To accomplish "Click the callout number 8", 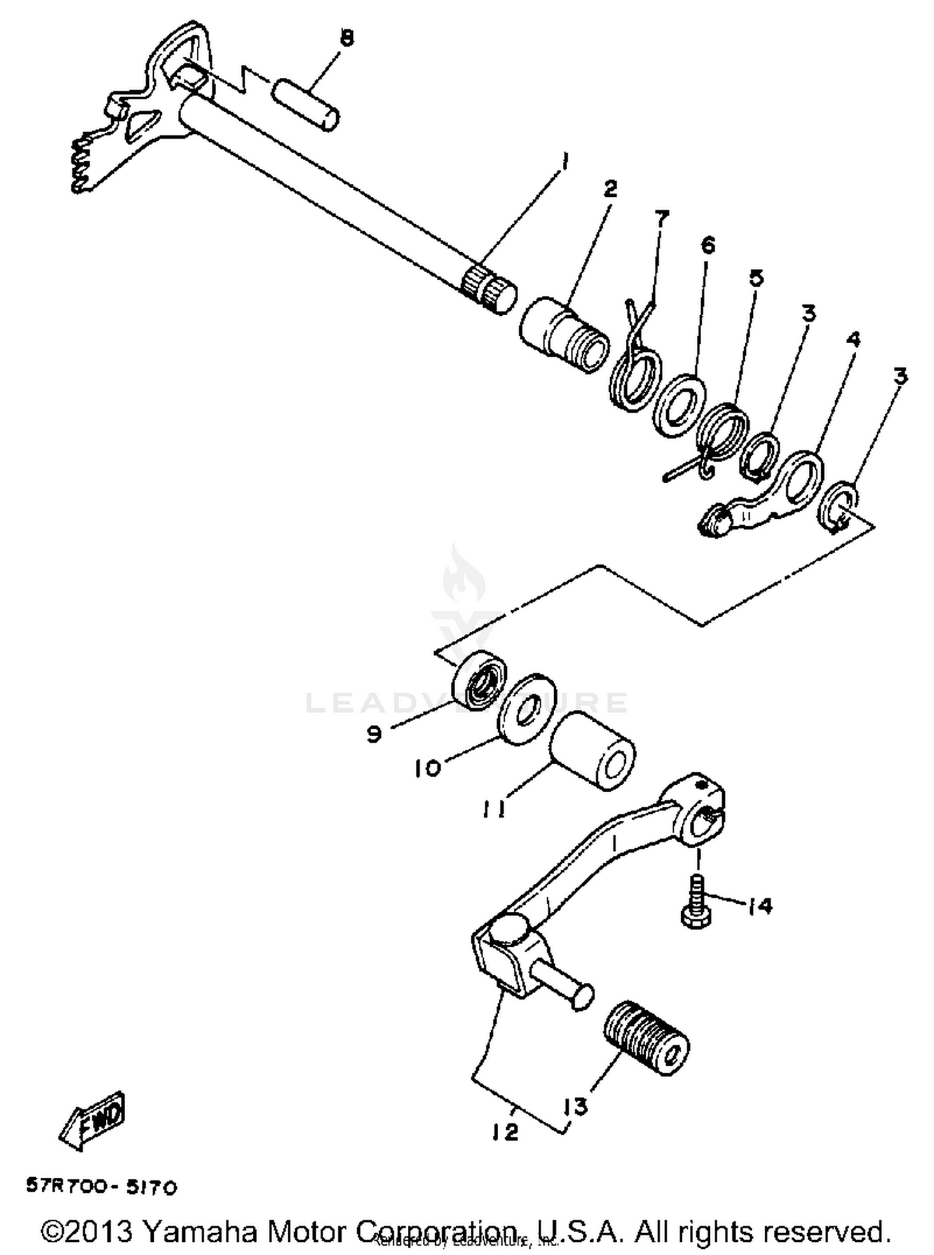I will click(347, 38).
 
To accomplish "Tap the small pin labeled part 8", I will click(306, 102).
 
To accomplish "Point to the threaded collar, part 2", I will click(564, 334).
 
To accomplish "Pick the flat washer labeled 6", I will click(679, 405).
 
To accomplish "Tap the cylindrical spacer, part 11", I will click(592, 750).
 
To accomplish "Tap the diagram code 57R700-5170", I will click(101, 1187).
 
